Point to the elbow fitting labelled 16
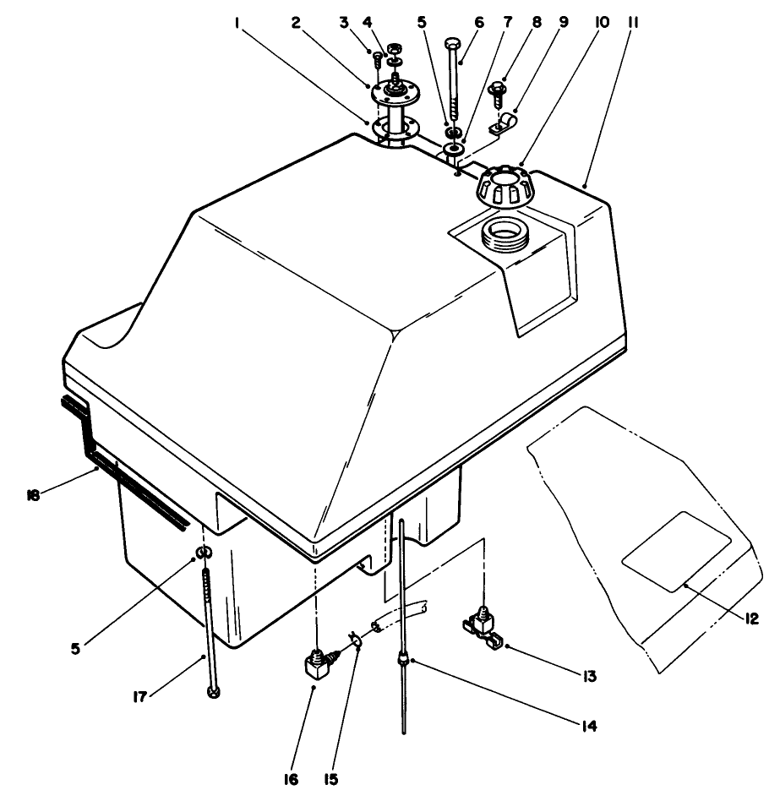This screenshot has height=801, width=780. pos(316,672)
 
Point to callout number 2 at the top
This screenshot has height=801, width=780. pos(295,25)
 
